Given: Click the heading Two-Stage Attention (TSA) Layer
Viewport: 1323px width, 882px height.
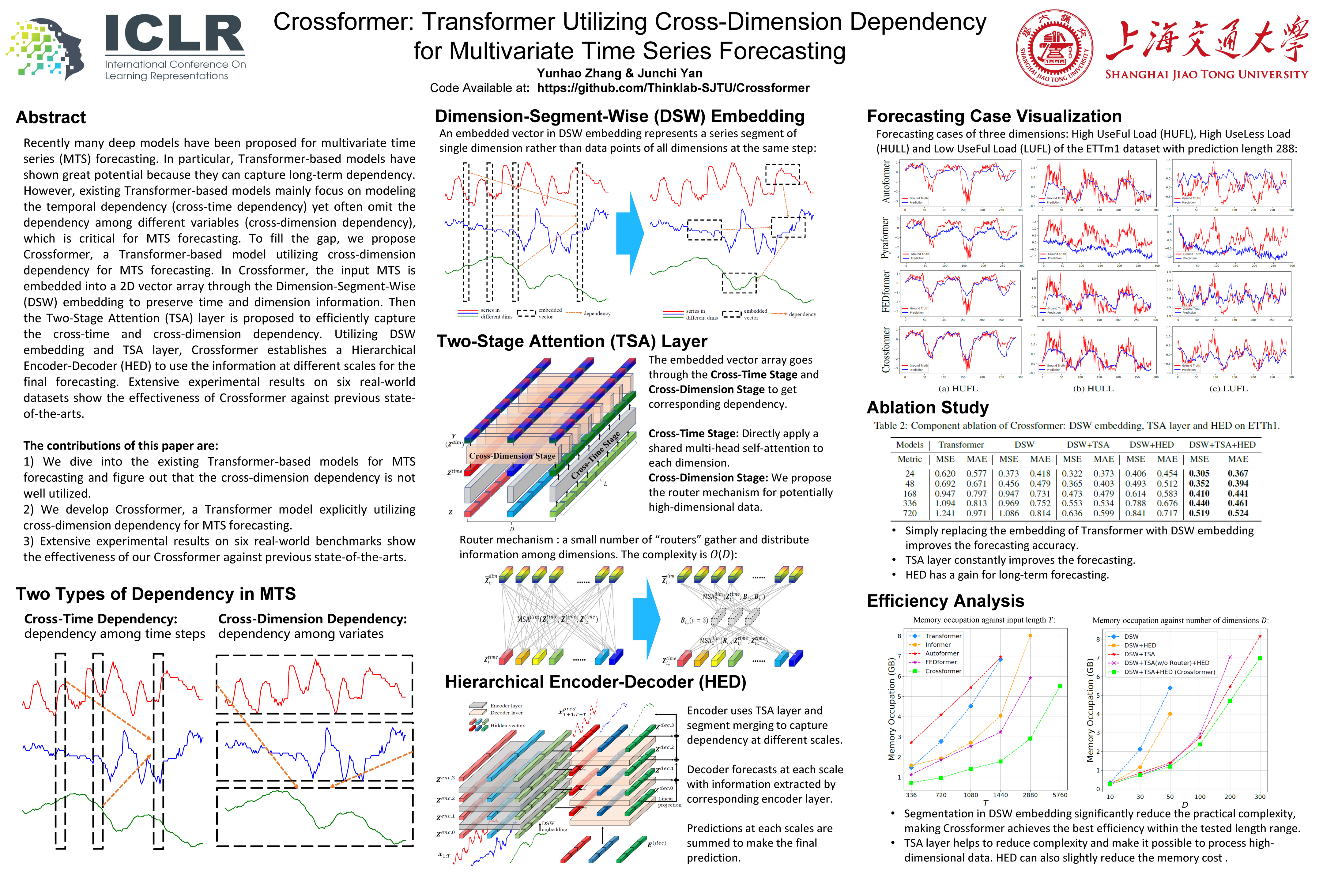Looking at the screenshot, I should (x=571, y=341).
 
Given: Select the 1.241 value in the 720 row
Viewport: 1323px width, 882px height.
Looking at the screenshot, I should (x=945, y=513).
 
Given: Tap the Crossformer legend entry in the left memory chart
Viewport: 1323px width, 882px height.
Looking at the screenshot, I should (x=943, y=671).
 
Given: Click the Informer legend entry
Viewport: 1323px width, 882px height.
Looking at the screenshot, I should (x=938, y=645).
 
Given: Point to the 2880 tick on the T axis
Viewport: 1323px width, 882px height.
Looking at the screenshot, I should (x=1030, y=795).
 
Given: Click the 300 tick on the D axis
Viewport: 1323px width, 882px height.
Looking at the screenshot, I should (x=1260, y=797).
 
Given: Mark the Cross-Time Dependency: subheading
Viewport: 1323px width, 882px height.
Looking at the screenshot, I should (x=101, y=619).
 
